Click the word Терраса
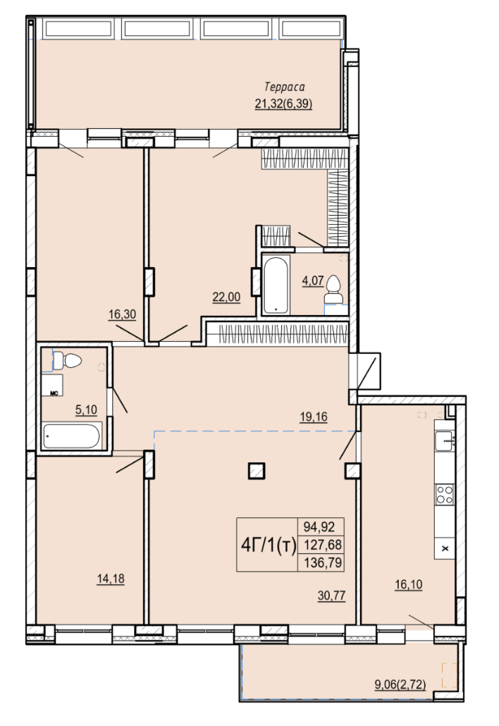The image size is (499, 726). click(x=285, y=87)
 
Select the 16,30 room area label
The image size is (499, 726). click(x=122, y=315)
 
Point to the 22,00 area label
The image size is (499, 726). click(x=226, y=297)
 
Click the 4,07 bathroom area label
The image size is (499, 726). click(x=313, y=281)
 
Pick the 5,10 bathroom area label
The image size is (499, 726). click(x=86, y=410)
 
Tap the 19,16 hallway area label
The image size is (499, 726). click(x=314, y=417)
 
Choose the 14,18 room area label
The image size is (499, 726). click(x=111, y=579)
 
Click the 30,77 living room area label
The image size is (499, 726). click(x=331, y=596)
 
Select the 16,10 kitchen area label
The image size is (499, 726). click(x=408, y=585)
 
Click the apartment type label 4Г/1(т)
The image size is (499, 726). click(x=269, y=546)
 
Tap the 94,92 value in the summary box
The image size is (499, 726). click(x=320, y=527)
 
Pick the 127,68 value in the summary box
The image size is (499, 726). click(x=322, y=545)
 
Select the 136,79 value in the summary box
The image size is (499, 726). click(x=322, y=562)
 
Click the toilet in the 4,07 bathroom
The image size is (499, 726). click(x=333, y=289)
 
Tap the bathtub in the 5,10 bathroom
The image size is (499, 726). click(x=71, y=436)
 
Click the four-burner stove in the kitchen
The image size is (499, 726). click(x=445, y=495)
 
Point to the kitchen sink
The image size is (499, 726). click(x=445, y=441)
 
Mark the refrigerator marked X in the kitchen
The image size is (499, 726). click(x=445, y=548)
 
